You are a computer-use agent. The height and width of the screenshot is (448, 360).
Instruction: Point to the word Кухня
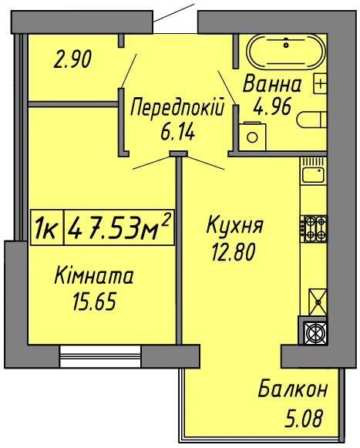(x=235, y=227)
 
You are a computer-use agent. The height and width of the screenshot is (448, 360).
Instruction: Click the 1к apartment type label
(x=46, y=228)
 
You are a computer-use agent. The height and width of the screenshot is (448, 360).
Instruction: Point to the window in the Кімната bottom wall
(x=100, y=355)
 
